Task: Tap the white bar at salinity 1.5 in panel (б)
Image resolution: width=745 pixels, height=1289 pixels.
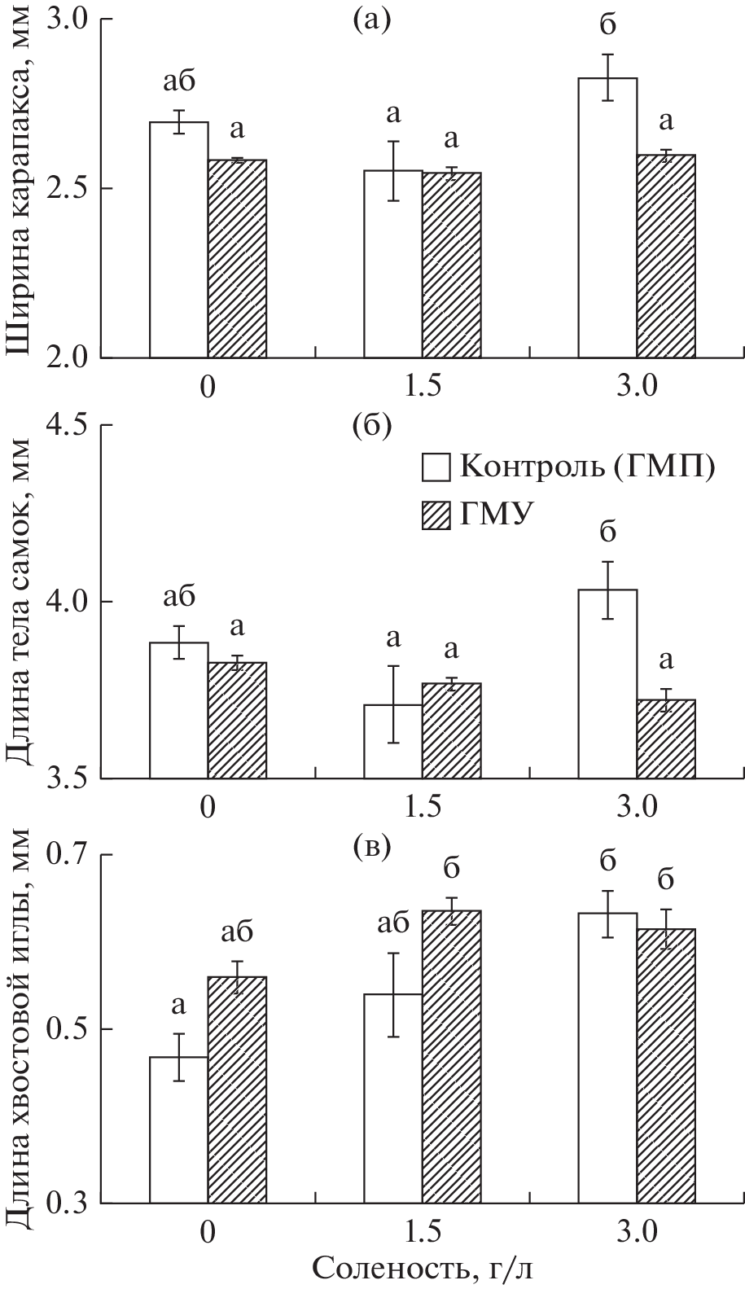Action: point(392,741)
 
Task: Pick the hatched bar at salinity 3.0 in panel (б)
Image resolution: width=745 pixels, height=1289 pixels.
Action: point(666,739)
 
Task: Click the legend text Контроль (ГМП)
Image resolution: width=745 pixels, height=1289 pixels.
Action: point(587,468)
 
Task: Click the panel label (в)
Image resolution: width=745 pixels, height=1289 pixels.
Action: point(372,848)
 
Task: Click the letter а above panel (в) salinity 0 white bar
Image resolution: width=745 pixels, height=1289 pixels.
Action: point(178,1006)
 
